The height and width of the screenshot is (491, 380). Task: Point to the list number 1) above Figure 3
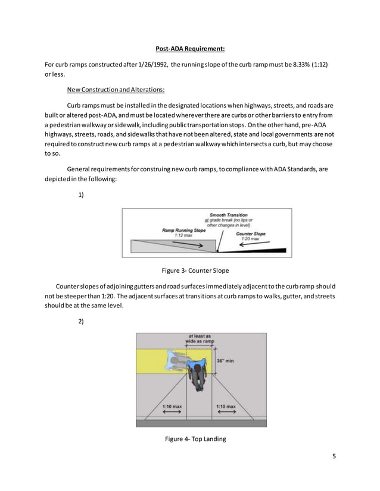(82, 194)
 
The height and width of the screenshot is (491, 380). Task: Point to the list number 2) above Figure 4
(82, 321)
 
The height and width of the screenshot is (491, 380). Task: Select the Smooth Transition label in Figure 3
(228, 215)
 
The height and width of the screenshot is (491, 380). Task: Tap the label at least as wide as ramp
(200, 339)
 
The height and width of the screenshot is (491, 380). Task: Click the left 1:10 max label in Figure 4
(172, 407)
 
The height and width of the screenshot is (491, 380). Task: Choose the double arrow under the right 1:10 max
(225, 413)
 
